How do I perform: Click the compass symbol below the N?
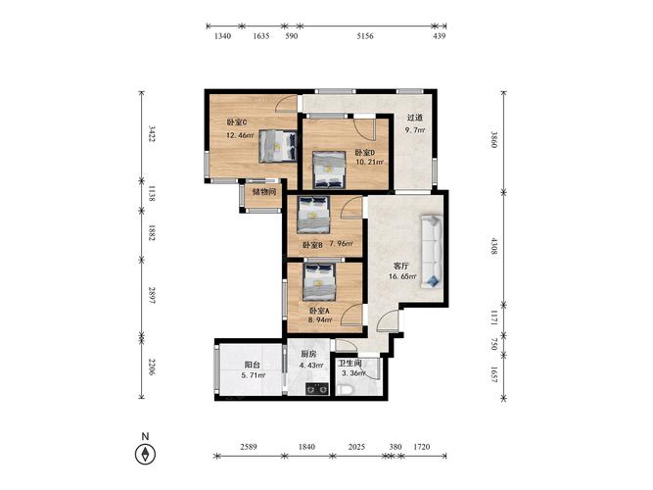click(x=145, y=454)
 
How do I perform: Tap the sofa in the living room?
click(x=432, y=252)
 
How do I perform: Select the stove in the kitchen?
click(x=317, y=389)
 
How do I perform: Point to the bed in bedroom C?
click(x=278, y=146)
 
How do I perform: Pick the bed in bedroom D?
click(x=329, y=170)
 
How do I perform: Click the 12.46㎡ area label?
click(x=240, y=135)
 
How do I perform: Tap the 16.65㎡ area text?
click(x=402, y=276)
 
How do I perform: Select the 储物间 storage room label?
click(x=264, y=192)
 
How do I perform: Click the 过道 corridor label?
click(x=415, y=118)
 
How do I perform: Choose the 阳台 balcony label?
click(x=253, y=365)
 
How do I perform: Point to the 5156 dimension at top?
click(x=365, y=36)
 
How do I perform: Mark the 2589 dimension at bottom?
click(x=249, y=447)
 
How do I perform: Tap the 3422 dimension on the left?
click(x=152, y=133)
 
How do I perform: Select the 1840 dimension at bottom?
click(x=306, y=447)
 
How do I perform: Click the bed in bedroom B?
click(x=314, y=215)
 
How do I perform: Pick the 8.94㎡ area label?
click(x=320, y=319)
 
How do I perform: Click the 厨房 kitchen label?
click(x=308, y=354)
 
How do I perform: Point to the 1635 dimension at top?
click(x=261, y=36)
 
